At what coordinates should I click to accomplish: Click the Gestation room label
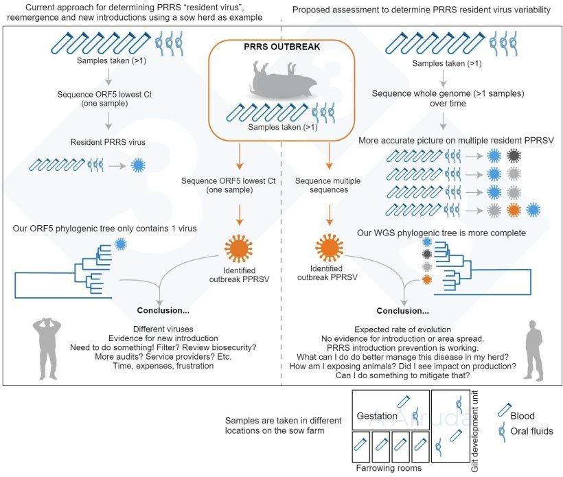click(x=376, y=416)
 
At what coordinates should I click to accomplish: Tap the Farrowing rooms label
click(x=389, y=468)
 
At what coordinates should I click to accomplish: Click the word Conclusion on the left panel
click(x=161, y=309)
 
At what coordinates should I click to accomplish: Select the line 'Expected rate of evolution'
click(x=404, y=329)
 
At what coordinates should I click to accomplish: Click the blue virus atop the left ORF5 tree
click(x=121, y=243)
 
